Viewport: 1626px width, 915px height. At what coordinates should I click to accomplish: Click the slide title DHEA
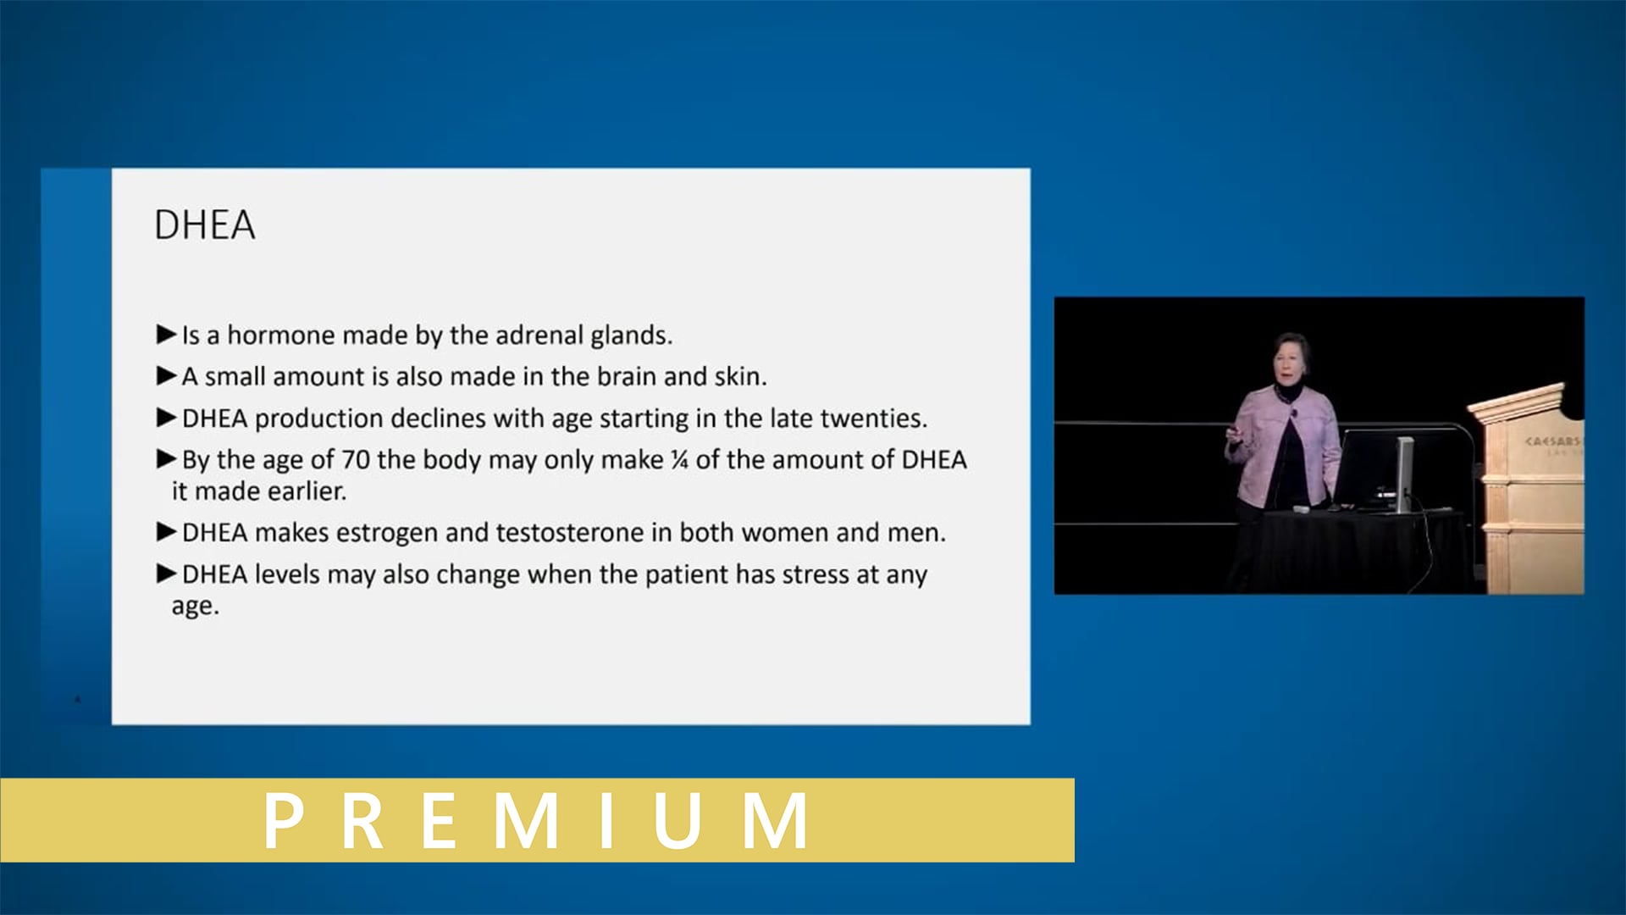click(204, 225)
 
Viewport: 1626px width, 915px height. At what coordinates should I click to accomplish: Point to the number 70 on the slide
click(355, 460)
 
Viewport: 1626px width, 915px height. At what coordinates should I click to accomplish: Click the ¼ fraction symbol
click(679, 460)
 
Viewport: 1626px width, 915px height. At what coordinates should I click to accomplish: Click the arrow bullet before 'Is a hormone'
click(166, 335)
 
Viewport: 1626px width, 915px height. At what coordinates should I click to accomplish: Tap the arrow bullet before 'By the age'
click(166, 459)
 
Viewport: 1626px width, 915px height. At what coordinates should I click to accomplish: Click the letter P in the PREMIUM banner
click(284, 820)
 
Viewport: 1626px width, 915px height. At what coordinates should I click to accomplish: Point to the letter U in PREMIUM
click(677, 820)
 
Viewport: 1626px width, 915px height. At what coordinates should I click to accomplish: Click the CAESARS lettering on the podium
click(1551, 441)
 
